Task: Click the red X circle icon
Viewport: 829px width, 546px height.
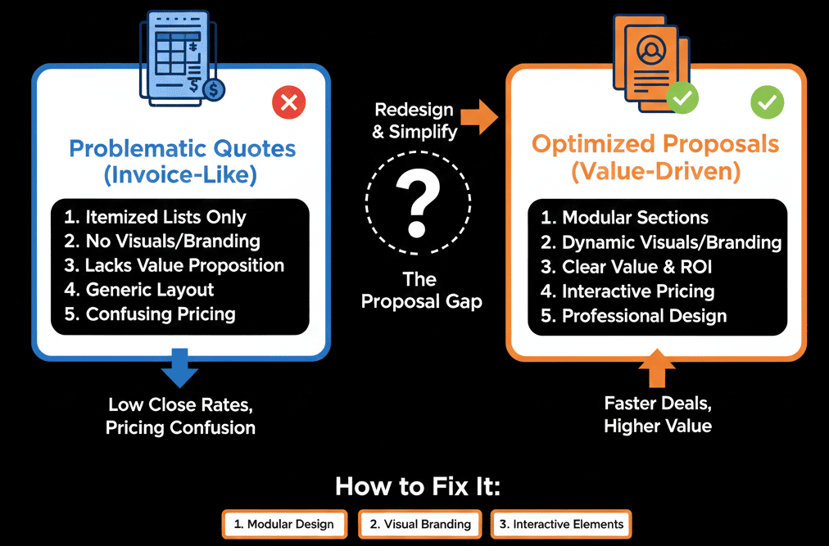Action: pos(288,103)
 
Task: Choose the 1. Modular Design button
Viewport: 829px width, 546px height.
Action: pos(283,524)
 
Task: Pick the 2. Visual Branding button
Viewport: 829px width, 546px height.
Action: pos(420,524)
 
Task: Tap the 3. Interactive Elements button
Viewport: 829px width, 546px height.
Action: pos(561,524)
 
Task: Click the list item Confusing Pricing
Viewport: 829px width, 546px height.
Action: pos(161,314)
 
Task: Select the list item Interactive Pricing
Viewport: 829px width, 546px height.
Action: pos(638,291)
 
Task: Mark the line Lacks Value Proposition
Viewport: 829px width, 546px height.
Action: pos(184,265)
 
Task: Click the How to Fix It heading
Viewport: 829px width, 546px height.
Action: pos(417,486)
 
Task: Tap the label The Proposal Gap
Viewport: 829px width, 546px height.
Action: pos(421,290)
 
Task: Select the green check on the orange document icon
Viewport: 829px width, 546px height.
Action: pos(682,98)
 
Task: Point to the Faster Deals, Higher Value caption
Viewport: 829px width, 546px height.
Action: pos(657,414)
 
